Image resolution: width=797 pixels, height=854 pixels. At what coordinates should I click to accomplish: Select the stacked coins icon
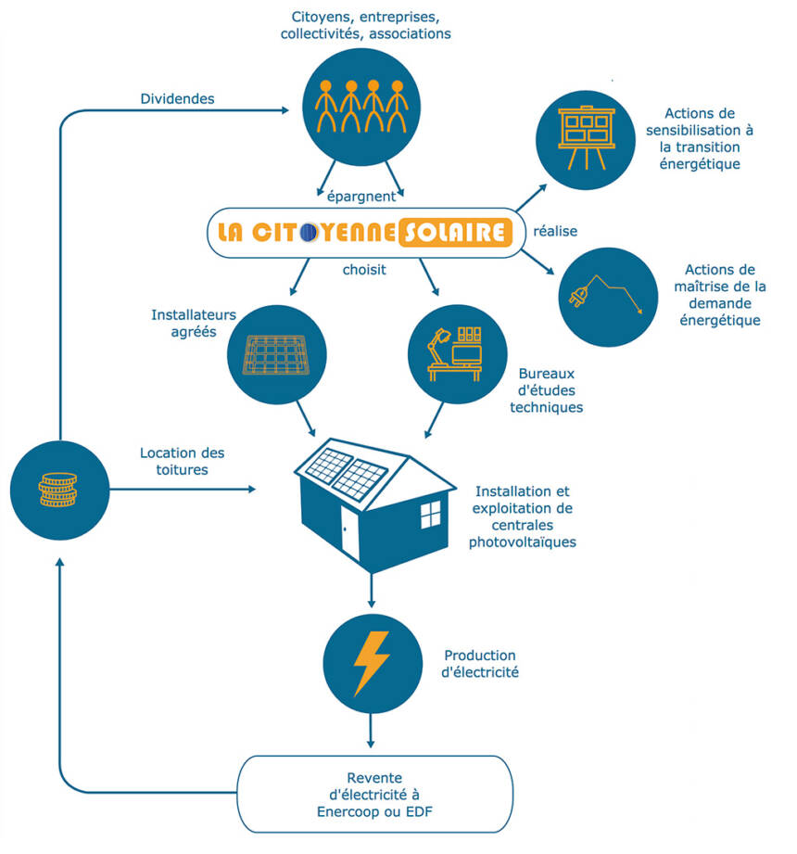pyautogui.click(x=59, y=488)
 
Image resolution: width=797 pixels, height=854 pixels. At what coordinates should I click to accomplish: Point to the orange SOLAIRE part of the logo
pyautogui.click(x=454, y=232)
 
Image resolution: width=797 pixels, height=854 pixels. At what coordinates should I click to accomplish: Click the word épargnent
pyautogui.click(x=361, y=196)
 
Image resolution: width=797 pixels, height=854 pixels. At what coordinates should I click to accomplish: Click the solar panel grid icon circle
pyautogui.click(x=277, y=354)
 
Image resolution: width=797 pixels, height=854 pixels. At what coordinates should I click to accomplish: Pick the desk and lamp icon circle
pyautogui.click(x=458, y=354)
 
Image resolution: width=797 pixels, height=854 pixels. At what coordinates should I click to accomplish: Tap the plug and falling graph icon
pyautogui.click(x=607, y=296)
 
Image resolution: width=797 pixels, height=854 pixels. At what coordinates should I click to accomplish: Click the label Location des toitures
pyautogui.click(x=182, y=461)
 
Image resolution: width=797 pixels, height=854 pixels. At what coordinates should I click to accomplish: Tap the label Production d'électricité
pyautogui.click(x=480, y=663)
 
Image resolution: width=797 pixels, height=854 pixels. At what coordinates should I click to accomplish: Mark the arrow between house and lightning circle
pyautogui.click(x=371, y=590)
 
